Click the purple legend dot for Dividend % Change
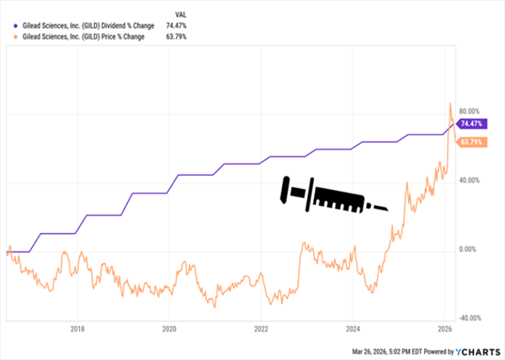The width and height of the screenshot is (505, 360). coord(8,26)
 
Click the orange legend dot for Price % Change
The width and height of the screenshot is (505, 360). coord(8,37)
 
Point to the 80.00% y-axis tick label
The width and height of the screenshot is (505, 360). coord(473,111)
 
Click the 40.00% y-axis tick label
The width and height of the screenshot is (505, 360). coord(473,180)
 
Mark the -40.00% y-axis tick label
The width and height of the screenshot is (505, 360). coord(472,318)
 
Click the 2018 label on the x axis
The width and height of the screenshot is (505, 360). coord(77,329)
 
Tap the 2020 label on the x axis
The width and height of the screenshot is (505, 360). coord(168,329)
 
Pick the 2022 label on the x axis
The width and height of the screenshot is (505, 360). coord(261,329)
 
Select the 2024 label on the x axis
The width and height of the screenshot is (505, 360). coord(353,329)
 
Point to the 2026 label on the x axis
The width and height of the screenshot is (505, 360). coord(445,329)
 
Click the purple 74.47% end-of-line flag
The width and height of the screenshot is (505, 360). coord(473,124)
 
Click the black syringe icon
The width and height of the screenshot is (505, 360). coord(332,195)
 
